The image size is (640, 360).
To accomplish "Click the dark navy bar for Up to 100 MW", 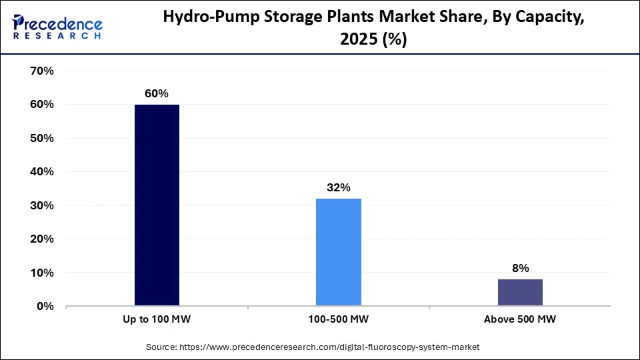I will pyautogui.click(x=157, y=205).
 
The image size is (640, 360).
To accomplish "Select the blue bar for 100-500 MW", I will pyautogui.click(x=339, y=252).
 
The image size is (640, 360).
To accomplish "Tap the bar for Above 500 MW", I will pyautogui.click(x=520, y=293).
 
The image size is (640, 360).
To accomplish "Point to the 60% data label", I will pyautogui.click(x=157, y=94).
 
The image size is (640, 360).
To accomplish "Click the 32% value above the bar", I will pyautogui.click(x=339, y=188).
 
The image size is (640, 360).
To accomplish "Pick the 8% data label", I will pyautogui.click(x=520, y=269).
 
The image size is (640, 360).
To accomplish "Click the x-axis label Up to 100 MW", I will pyautogui.click(x=157, y=320).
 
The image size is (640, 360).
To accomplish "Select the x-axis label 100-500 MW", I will pyautogui.click(x=339, y=320).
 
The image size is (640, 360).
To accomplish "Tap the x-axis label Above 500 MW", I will pyautogui.click(x=520, y=320).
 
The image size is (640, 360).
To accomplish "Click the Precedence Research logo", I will pyautogui.click(x=57, y=28).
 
